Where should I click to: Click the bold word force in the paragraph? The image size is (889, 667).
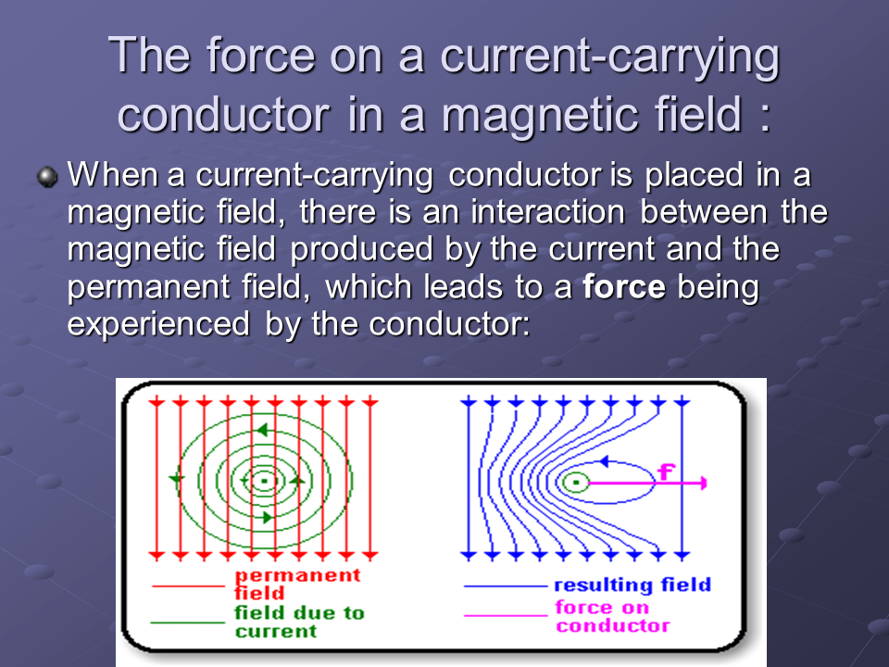624,288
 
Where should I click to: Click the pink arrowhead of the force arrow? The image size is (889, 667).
703,483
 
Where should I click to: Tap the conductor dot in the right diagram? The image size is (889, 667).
576,482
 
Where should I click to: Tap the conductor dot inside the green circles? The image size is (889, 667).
265,481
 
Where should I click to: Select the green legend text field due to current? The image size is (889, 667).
299,622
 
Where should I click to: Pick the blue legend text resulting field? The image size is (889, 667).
632,585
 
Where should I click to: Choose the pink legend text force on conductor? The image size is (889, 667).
611,616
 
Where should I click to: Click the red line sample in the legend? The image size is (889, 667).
187,585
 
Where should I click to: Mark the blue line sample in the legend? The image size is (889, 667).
504,585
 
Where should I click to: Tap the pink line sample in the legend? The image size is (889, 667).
504,613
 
